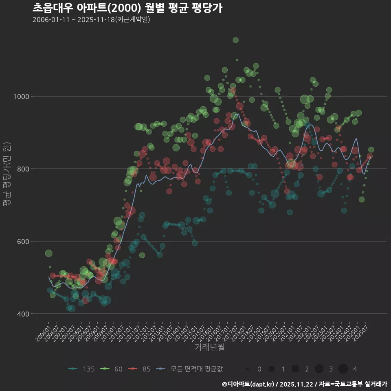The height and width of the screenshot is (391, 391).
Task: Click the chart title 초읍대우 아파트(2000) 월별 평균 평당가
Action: (127, 8)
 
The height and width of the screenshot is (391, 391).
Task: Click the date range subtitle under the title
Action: (92, 20)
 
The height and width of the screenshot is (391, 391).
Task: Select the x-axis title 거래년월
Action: (209, 347)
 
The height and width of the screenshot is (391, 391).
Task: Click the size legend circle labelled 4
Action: (343, 369)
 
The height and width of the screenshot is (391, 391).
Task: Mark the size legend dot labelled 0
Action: (248, 369)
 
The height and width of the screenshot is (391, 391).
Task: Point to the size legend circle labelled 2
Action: (295, 369)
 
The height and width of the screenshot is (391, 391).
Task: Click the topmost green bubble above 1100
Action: (235, 40)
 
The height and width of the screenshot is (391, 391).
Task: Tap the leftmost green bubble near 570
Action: (48, 253)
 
